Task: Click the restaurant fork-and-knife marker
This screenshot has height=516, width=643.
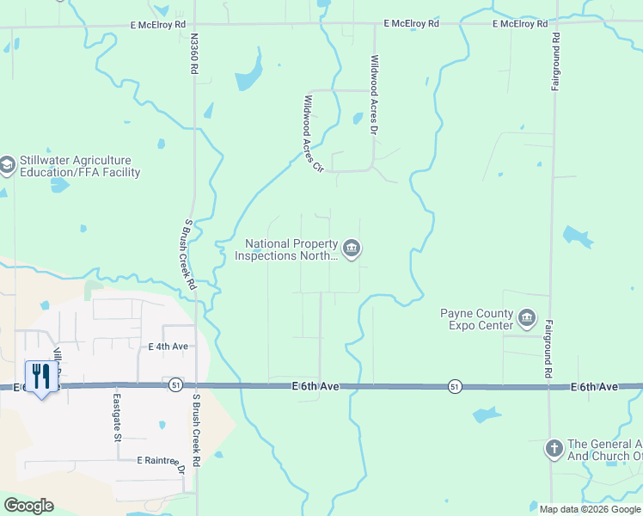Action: pos(41,376)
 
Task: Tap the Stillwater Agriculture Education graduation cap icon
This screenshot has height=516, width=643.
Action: pos(8,166)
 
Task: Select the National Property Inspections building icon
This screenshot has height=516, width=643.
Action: pos(351,249)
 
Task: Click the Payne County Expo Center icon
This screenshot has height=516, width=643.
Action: pos(526,320)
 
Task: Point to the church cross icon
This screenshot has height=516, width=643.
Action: pos(554,448)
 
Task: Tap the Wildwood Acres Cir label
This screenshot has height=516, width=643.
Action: pos(311,132)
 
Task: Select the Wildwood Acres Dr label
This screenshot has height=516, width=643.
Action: pos(374,95)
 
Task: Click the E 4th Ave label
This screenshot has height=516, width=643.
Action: pos(168,347)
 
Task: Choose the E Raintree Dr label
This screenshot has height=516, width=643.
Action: pos(161,461)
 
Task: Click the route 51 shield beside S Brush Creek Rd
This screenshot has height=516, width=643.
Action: pos(175,384)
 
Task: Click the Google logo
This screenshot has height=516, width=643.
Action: pos(28,506)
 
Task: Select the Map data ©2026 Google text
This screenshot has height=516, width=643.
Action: pos(590,509)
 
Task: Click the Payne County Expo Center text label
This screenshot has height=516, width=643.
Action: pos(477,320)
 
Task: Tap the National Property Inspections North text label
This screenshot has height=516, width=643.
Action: pos(291,249)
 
